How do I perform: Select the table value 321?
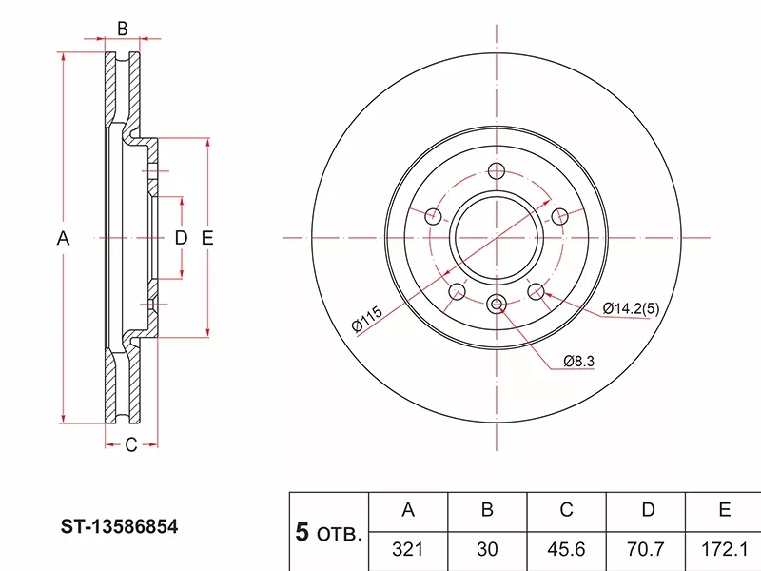(408, 549)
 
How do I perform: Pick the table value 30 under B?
(486, 549)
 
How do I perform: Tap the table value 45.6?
(566, 549)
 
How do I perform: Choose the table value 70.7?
(648, 549)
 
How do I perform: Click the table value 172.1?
(724, 549)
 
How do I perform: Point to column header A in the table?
(408, 510)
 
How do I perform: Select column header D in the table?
(648, 510)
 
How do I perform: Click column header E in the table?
(724, 510)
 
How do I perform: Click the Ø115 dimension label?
(366, 320)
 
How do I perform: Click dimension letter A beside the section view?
(63, 239)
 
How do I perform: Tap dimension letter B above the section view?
(122, 29)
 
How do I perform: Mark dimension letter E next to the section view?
(206, 239)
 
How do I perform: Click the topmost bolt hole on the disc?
(496, 172)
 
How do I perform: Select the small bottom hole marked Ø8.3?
(496, 305)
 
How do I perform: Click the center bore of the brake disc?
(496, 238)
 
